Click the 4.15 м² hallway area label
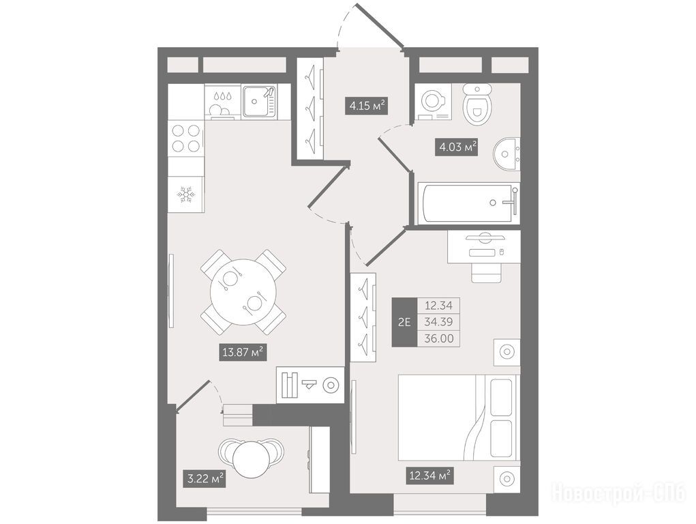click(x=367, y=106)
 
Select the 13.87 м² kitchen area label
click(x=243, y=353)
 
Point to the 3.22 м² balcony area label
click(x=205, y=479)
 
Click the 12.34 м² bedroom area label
click(x=429, y=476)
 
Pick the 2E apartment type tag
click(x=404, y=322)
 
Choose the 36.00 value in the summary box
click(x=439, y=338)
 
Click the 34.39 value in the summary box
click(x=438, y=322)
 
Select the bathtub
click(x=469, y=203)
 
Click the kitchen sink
click(x=259, y=101)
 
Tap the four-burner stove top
click(x=186, y=139)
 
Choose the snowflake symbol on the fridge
click(x=186, y=194)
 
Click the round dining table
click(x=243, y=291)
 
